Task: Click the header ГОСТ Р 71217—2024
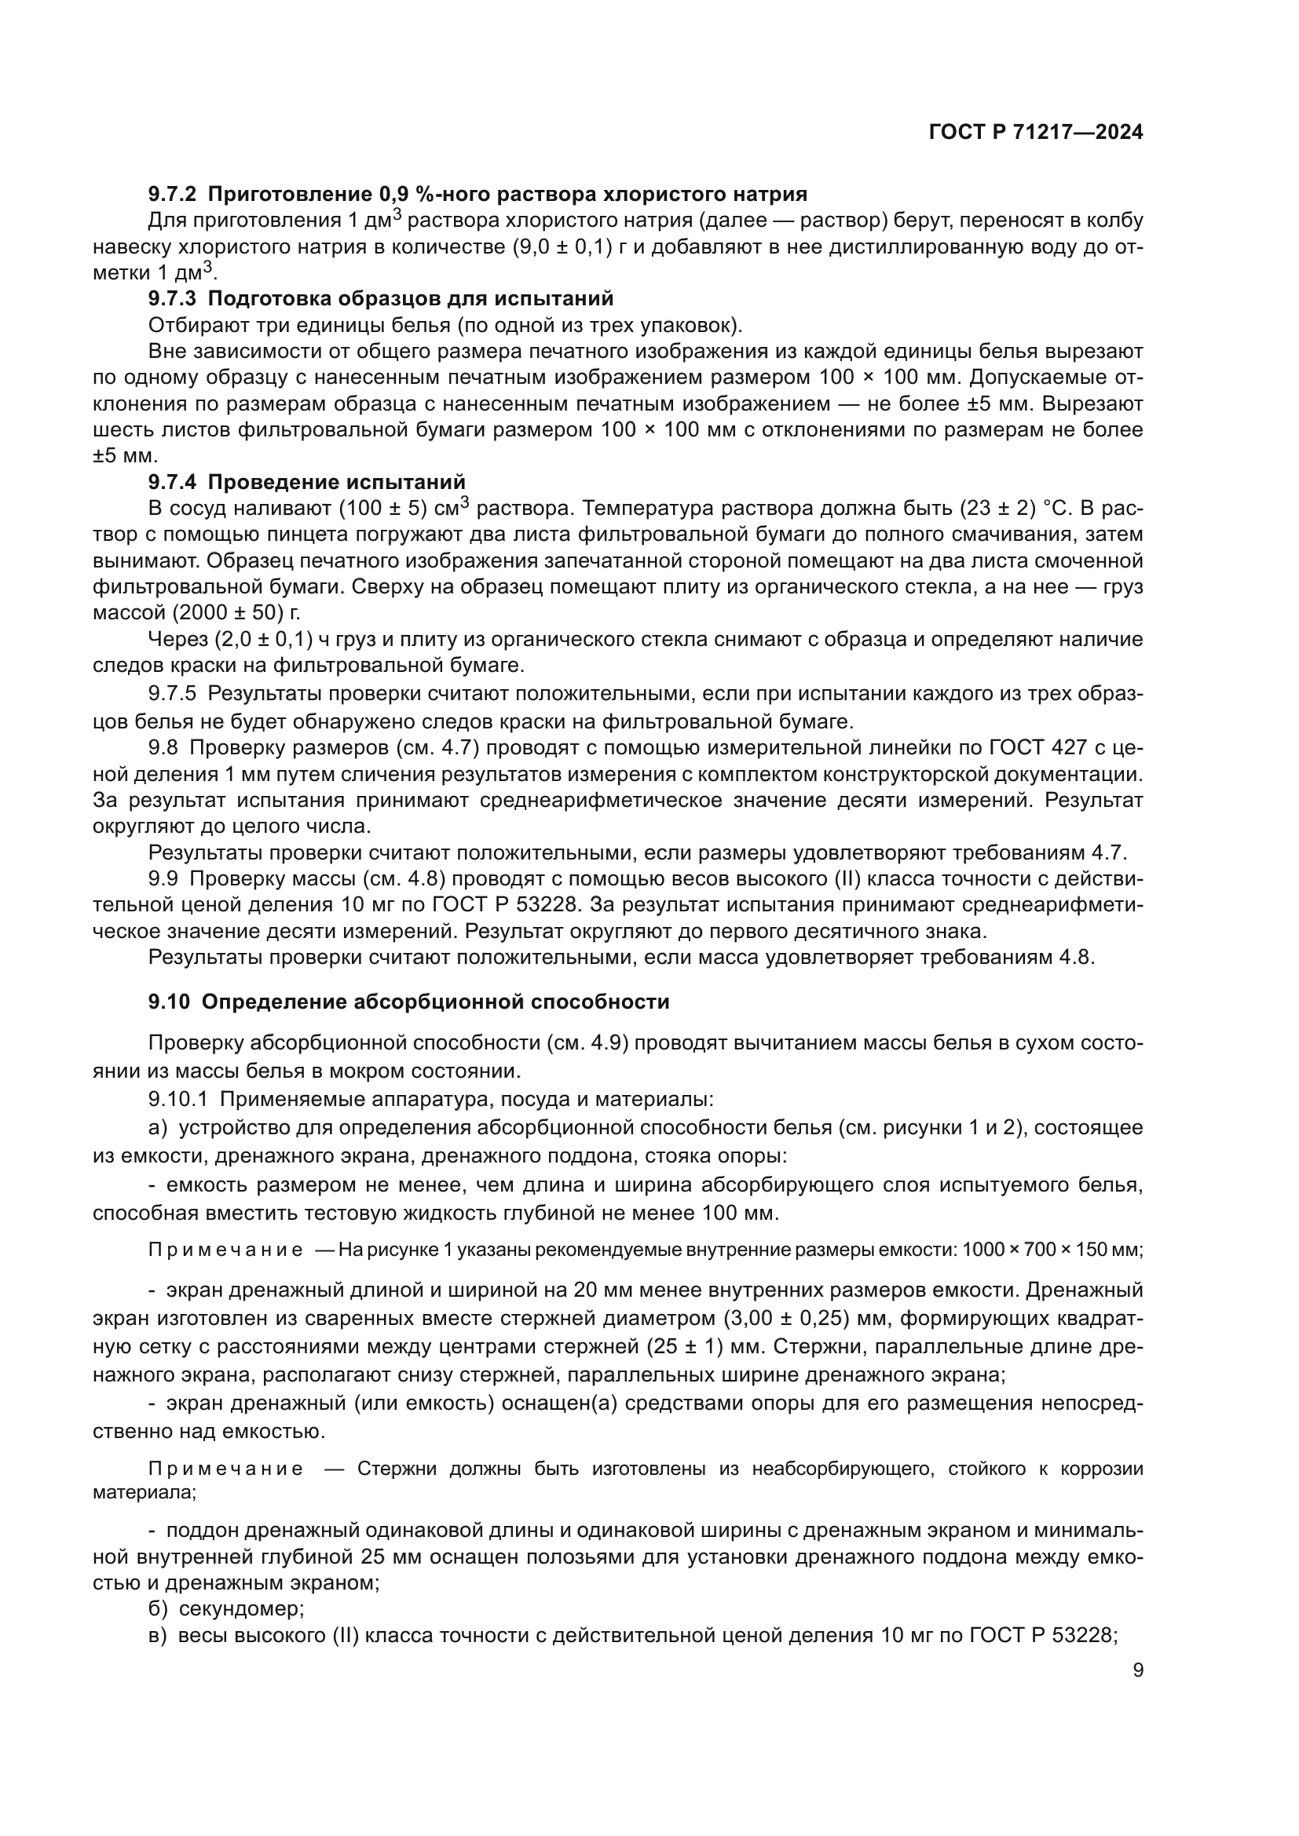pyautogui.click(x=1035, y=133)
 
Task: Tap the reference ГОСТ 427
pyautogui.click(x=1043, y=748)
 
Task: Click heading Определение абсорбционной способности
pyautogui.click(x=435, y=1002)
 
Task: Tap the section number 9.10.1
pyautogui.click(x=177, y=1100)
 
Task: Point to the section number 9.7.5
pyautogui.click(x=172, y=693)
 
